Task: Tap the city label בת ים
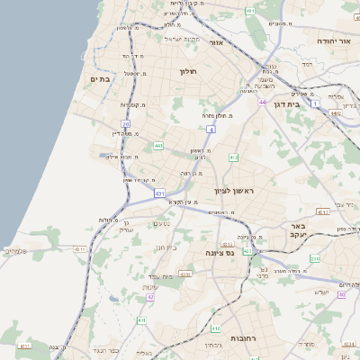coord(100,79)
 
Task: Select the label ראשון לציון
coord(236,191)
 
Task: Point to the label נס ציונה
coord(220,253)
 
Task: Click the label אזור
coord(216,42)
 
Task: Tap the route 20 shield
coord(126,124)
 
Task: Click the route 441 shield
coord(158,146)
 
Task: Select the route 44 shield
coord(263,103)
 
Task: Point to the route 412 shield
coord(233,157)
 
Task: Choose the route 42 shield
coord(150,296)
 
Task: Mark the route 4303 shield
coord(185,273)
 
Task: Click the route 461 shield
coord(249,11)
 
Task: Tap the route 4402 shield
coord(335,113)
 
